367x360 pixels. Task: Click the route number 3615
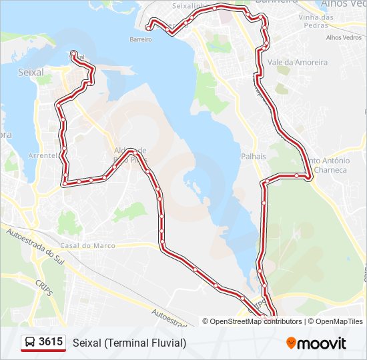51,343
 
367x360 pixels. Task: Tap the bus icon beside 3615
30,343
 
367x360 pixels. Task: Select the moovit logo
316,343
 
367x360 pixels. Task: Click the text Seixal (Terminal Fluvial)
129,343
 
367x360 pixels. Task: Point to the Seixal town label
31,72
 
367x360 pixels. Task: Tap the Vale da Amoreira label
297,62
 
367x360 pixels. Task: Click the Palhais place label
254,156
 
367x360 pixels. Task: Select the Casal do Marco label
92,245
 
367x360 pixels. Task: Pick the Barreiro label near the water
139,39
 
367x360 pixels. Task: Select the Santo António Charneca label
328,165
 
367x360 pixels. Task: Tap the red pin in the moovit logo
292,343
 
